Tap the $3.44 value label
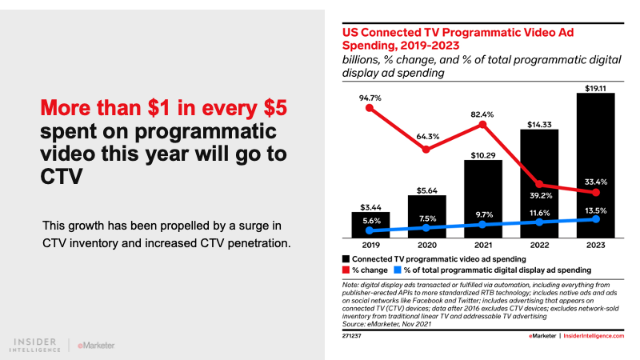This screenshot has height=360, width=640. click(370, 205)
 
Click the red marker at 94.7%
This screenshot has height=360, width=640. click(370, 107)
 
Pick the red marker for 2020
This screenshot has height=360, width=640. click(426, 150)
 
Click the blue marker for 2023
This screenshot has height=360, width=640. click(595, 219)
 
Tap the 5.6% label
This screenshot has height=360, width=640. click(370, 218)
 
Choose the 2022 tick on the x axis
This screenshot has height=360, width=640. click(539, 246)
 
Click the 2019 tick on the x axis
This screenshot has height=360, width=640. click(370, 246)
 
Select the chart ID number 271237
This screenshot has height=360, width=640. click(352, 336)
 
